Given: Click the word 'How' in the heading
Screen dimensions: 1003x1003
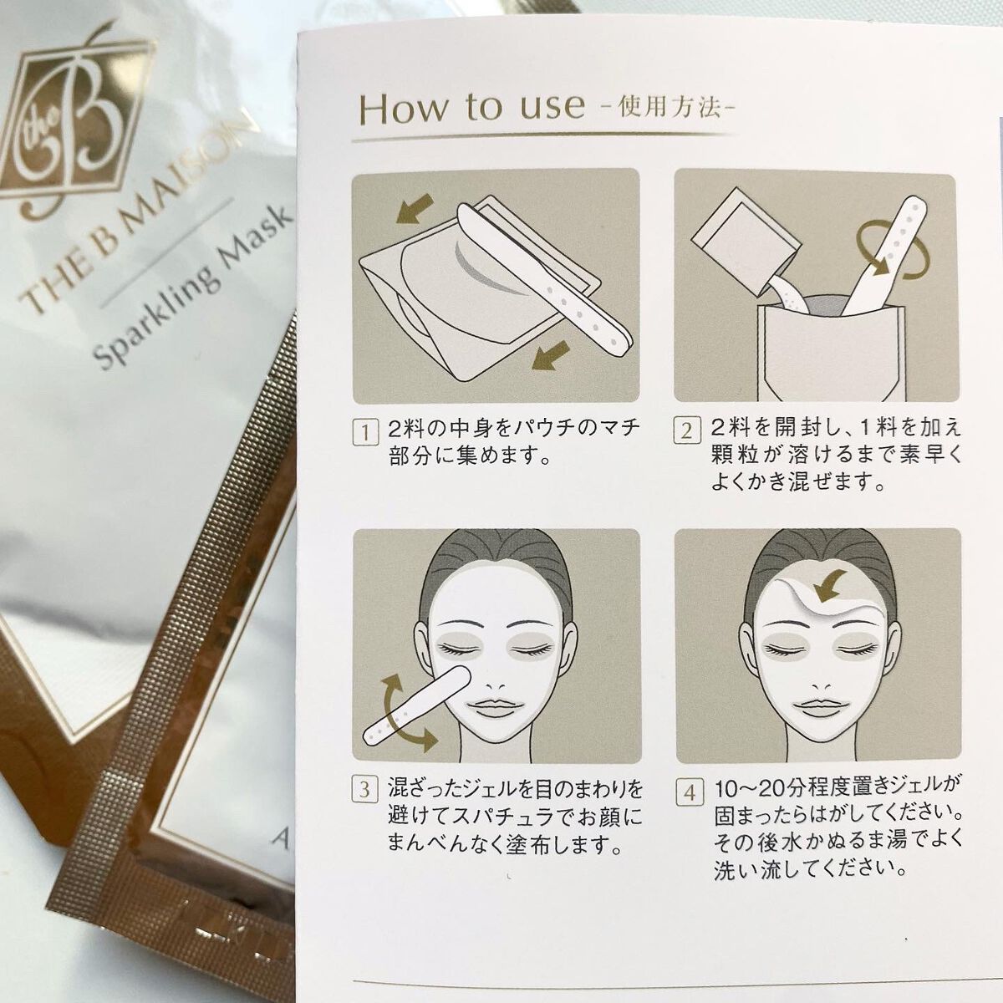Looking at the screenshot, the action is point(404,109).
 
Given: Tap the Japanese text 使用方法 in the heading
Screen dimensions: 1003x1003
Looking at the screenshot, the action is point(669,109).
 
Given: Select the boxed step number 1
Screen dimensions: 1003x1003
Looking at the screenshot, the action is point(366,432).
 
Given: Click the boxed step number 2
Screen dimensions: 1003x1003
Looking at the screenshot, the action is point(687,431).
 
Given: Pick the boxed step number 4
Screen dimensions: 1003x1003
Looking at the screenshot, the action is point(689,793).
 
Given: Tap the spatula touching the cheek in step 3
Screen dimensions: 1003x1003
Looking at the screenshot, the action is point(416,705).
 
